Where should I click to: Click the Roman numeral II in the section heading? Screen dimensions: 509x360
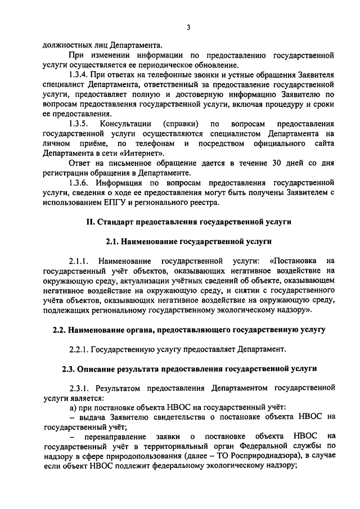coord(89,222)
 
